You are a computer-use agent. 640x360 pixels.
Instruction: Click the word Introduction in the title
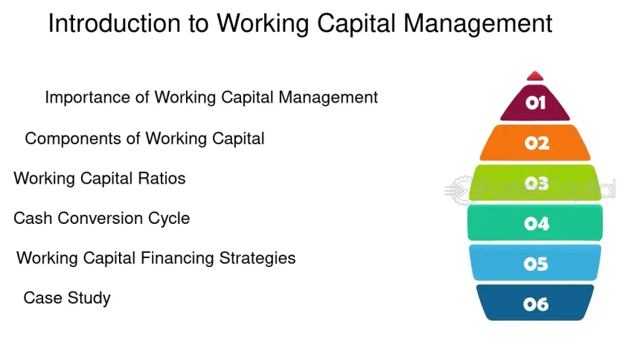tap(115, 23)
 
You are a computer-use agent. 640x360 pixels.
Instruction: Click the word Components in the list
tap(73, 139)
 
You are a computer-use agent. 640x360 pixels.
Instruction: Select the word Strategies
tap(257, 259)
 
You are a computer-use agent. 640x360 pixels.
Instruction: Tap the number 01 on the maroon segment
tap(535, 103)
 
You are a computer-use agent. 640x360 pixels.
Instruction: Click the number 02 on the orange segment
tap(537, 144)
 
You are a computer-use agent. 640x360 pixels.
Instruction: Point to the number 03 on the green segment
tap(536, 183)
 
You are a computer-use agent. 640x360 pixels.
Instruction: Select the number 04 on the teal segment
tap(537, 224)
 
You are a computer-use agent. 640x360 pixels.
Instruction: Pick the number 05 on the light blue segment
tap(536, 264)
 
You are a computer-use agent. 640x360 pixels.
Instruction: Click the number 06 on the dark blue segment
tap(536, 304)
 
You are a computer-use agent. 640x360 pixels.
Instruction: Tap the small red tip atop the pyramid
tap(534, 77)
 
